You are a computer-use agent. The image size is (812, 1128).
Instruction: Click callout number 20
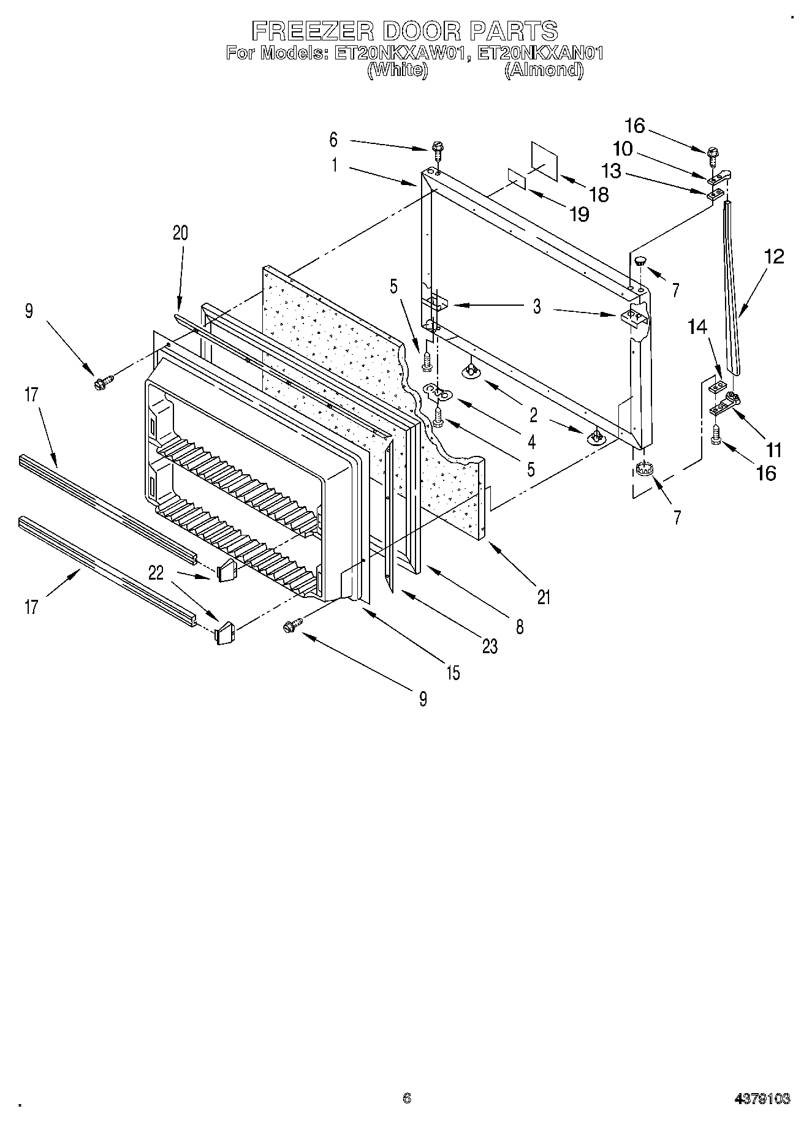pos(180,233)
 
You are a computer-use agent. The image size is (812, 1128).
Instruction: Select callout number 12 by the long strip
pos(774,256)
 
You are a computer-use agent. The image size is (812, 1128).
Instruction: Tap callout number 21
pos(544,597)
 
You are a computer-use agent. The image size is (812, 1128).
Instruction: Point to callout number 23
pos(490,646)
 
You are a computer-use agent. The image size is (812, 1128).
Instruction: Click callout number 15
pos(452,673)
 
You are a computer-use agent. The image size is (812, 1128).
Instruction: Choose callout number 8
pos(520,626)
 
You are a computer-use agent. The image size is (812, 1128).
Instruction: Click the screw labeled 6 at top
pos(437,148)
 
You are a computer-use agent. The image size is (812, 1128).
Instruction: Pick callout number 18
pos(599,195)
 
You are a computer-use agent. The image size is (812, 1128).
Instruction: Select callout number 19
pos(579,214)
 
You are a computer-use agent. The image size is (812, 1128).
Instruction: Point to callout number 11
pos(774,450)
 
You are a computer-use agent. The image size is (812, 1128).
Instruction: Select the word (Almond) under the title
pos(544,70)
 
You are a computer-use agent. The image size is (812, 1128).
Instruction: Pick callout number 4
pos(531,441)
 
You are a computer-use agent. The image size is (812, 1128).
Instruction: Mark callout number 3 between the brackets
pos(537,306)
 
